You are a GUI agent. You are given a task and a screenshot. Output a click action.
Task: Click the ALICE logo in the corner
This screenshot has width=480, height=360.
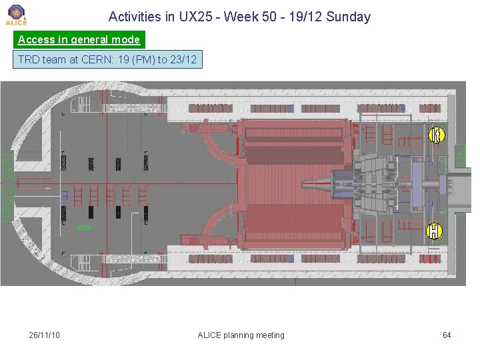[16, 14]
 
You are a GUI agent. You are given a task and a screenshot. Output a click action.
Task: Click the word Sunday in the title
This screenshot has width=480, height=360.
[348, 17]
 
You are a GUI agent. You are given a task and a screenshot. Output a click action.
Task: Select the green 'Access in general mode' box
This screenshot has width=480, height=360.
[79, 39]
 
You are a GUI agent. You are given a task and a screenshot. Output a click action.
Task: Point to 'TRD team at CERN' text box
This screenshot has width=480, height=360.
[107, 59]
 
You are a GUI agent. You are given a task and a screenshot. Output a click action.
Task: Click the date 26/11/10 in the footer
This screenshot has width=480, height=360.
[45, 335]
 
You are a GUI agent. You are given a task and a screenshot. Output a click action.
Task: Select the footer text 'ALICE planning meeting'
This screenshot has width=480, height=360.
[241, 335]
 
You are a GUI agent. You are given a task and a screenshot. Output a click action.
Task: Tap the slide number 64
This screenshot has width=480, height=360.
[447, 335]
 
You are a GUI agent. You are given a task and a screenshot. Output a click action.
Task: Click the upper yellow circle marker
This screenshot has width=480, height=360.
[435, 135]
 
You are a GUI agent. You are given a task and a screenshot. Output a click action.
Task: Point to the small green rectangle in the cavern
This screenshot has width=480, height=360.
[84, 228]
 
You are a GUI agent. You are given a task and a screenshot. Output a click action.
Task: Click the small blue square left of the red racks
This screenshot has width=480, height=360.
[65, 195]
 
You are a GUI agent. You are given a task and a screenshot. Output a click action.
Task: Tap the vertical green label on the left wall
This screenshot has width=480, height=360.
[8, 185]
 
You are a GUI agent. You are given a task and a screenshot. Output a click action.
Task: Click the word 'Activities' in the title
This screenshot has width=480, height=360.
[135, 17]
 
